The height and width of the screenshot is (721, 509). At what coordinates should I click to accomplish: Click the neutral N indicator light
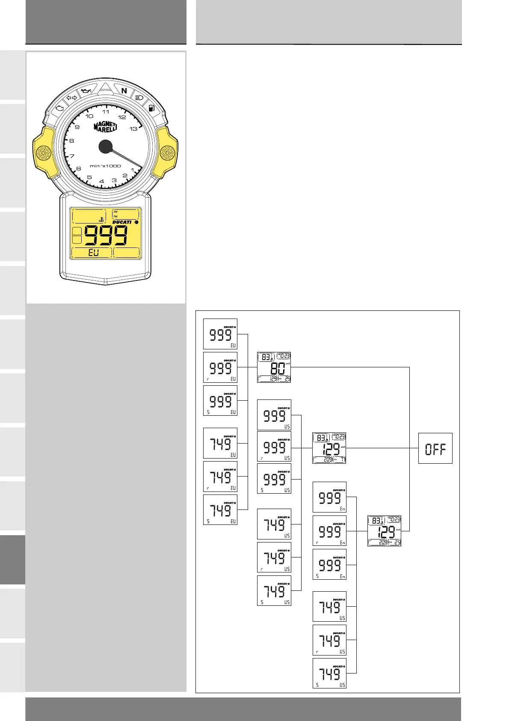coord(124,91)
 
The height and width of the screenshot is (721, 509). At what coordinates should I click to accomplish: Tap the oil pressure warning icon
coord(86,91)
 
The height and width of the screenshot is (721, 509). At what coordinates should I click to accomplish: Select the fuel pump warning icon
coord(151,108)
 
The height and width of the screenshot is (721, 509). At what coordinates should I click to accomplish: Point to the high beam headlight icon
coord(139,98)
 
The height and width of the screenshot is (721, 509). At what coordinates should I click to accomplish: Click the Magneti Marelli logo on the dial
coord(105,127)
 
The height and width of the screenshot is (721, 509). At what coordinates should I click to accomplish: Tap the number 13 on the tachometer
coord(134,129)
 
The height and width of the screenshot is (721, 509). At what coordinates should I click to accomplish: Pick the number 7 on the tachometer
coord(72,156)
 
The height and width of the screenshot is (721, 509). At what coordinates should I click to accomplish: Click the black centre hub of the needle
coord(105,147)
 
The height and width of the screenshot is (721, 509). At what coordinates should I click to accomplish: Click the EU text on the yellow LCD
coord(93,253)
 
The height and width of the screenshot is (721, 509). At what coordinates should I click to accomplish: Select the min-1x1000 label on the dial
coord(105,166)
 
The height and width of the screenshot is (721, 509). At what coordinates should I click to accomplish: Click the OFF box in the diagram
coord(435,448)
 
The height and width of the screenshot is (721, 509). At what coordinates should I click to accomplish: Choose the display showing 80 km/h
coord(274,367)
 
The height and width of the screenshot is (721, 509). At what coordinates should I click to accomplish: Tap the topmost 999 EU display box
coord(220,334)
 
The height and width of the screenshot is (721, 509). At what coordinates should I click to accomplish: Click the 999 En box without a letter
coord(329,497)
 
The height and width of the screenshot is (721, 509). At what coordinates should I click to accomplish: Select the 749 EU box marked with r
coord(220,476)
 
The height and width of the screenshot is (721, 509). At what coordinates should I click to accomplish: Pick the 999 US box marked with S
coord(274,479)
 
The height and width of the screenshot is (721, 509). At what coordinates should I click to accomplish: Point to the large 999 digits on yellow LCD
coord(106,235)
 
